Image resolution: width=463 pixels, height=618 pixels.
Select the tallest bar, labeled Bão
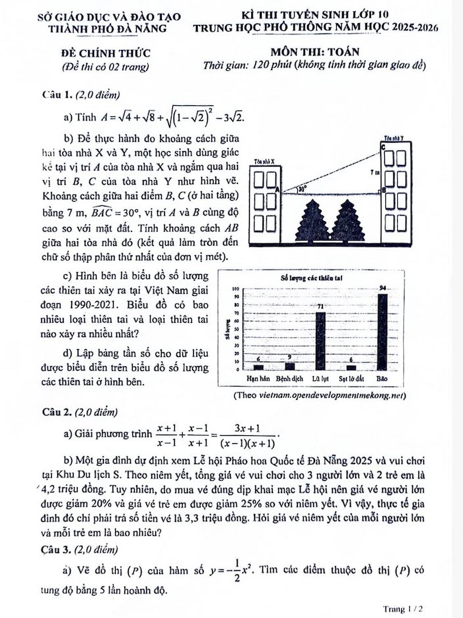383,332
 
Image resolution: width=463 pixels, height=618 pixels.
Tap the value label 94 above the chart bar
383,289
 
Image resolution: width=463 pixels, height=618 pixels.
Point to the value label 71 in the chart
320,306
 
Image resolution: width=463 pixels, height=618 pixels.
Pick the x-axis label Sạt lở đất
351,379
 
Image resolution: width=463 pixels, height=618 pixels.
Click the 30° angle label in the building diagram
302,188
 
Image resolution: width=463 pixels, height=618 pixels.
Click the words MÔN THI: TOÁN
314,52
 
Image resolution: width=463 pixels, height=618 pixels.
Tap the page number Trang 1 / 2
402,609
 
